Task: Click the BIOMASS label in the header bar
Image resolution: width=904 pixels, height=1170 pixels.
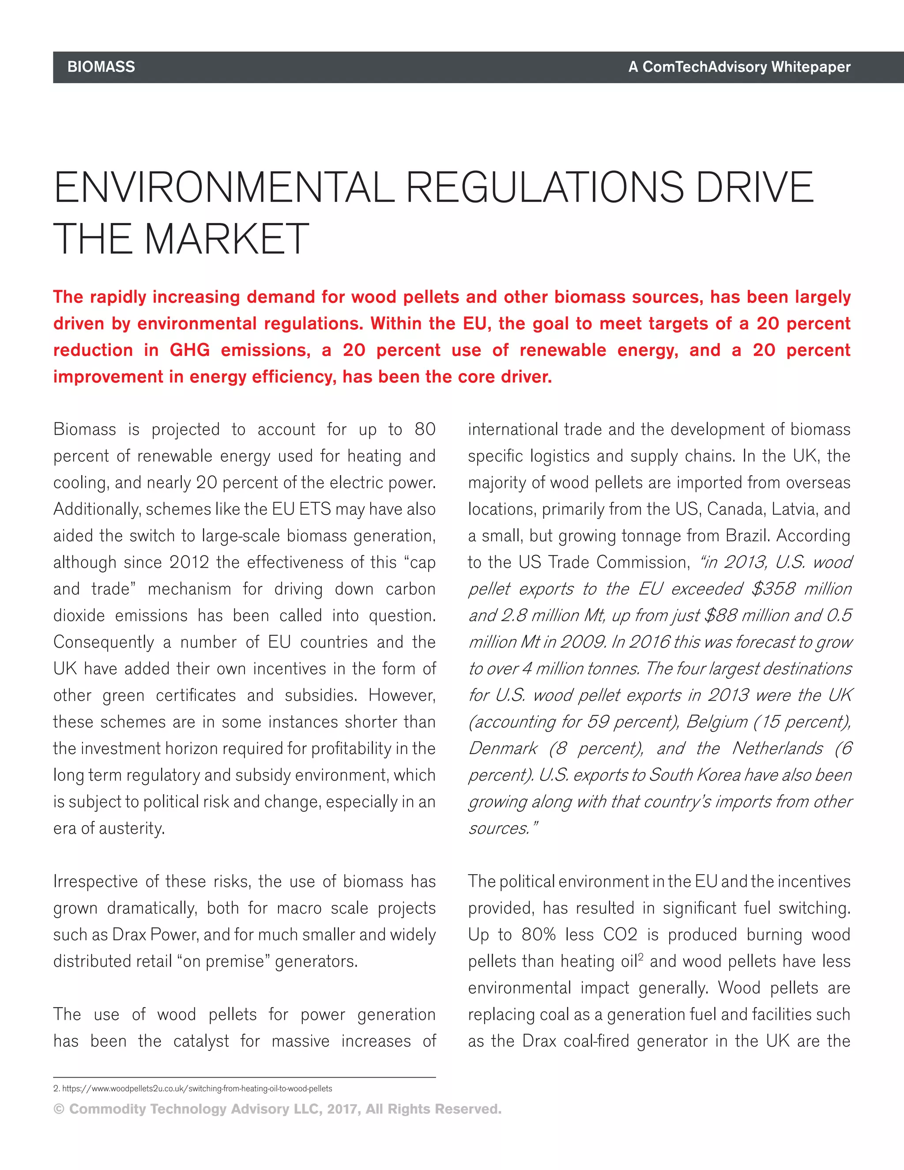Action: pyautogui.click(x=101, y=67)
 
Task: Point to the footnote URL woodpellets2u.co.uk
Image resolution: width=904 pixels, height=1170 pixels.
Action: pyautogui.click(x=197, y=1089)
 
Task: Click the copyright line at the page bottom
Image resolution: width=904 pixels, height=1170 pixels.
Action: pyautogui.click(x=277, y=1109)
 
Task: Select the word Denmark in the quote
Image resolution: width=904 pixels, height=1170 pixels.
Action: pyautogui.click(x=503, y=748)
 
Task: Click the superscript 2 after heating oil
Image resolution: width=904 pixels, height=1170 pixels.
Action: pyautogui.click(x=640, y=957)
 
